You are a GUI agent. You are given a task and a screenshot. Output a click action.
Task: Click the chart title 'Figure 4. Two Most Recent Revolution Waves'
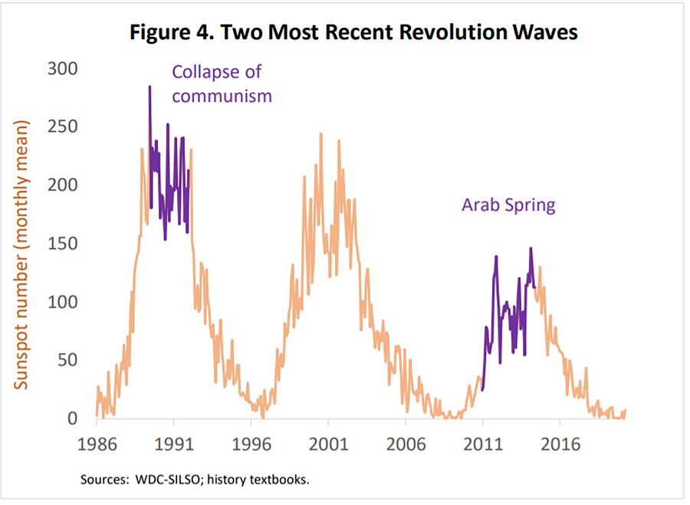click(x=353, y=35)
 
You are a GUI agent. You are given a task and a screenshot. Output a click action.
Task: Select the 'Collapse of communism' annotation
click(x=222, y=84)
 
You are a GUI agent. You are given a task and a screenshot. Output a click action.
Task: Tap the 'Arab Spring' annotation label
click(x=508, y=205)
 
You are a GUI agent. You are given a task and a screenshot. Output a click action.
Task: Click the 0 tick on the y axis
click(x=73, y=418)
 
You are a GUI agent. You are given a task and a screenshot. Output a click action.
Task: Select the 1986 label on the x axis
click(x=97, y=445)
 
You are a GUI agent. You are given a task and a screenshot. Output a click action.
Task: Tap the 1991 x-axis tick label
click(x=174, y=445)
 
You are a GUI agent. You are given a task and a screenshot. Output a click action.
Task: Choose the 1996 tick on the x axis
click(x=251, y=445)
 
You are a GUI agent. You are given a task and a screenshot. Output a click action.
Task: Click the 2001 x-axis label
click(x=328, y=445)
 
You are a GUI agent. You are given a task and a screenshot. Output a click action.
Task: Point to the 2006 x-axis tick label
click(x=405, y=445)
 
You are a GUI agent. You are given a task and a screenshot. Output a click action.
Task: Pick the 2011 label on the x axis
click(x=482, y=445)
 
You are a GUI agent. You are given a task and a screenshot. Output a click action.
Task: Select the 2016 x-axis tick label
click(x=560, y=445)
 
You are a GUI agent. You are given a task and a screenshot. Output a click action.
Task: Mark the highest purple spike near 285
click(x=149, y=87)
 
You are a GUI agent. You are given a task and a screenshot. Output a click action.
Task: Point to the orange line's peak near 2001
click(x=320, y=134)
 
